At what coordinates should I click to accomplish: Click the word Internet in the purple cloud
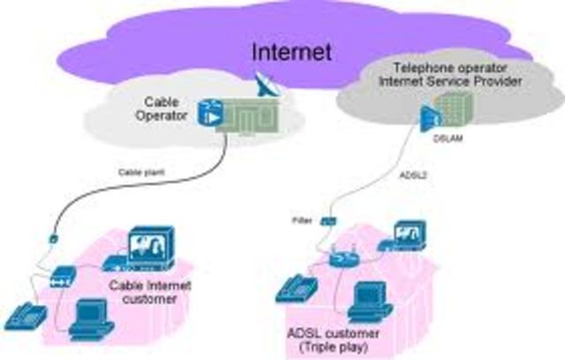(x=292, y=51)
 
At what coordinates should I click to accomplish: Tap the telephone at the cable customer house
(x=21, y=316)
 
